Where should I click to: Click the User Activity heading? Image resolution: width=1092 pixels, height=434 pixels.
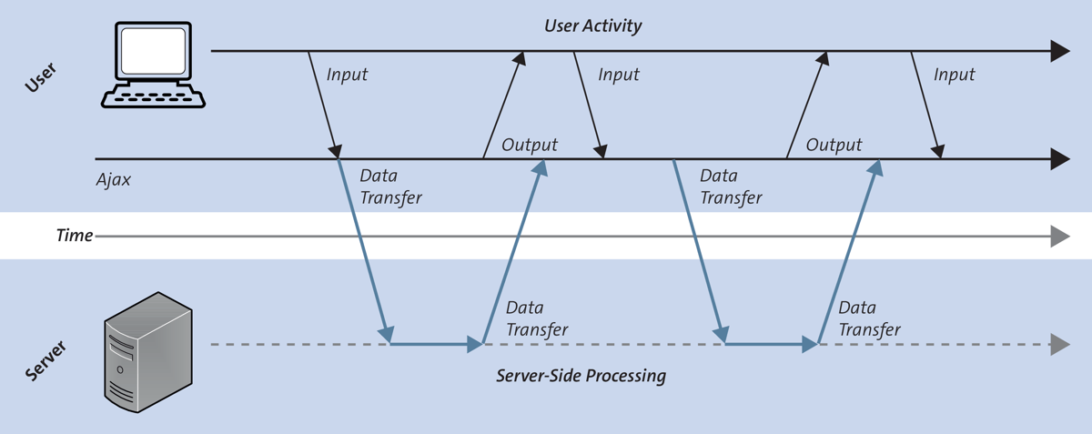pos(592,25)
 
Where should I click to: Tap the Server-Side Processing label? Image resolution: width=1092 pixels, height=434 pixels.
pos(581,375)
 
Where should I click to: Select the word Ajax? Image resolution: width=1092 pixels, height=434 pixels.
pos(114,180)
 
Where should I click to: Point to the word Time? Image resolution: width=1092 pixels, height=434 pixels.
pos(75,236)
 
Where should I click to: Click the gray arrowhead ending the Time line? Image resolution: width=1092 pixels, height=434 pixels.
pos(1059,237)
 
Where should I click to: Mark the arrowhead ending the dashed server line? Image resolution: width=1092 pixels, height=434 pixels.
pos(1059,345)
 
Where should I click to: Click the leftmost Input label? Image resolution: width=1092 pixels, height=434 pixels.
pos(347,75)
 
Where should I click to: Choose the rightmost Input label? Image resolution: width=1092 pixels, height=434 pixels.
pos(954,75)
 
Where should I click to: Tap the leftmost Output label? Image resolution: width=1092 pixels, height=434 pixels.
pos(530,145)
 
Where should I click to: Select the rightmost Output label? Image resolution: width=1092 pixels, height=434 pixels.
pos(834,145)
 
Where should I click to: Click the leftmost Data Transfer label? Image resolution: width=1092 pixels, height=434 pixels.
pos(391,186)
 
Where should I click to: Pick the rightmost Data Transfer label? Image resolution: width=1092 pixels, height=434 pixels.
pos(869,318)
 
